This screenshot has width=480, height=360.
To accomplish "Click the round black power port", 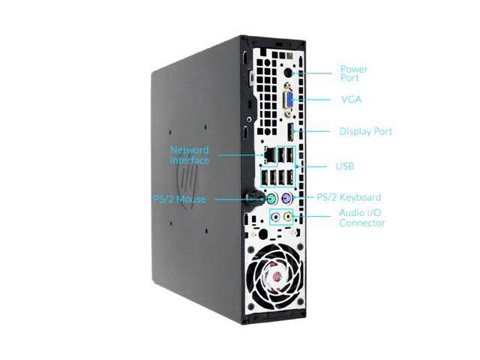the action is click(288, 73).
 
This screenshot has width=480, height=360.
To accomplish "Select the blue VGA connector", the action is click(288, 100).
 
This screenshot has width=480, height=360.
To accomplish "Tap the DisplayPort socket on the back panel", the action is click(289, 132).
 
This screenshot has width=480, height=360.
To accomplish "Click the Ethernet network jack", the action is click(269, 155).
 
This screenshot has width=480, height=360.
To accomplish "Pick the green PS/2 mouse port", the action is click(271, 199).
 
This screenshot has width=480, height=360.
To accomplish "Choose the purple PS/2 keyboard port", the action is click(286, 197).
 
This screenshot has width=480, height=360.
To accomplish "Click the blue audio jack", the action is click(276, 217).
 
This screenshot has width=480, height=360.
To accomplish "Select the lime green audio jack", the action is click(287, 217).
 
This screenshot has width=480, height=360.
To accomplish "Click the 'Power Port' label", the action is click(354, 73).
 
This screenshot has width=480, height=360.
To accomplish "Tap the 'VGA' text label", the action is click(352, 99).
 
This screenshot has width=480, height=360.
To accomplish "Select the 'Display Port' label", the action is click(366, 131).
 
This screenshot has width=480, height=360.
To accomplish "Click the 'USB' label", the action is click(345, 166).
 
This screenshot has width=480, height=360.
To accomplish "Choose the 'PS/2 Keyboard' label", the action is click(349, 197).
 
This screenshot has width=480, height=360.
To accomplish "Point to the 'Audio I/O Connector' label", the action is click(362, 217).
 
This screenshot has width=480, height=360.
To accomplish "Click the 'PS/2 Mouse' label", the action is click(179, 199).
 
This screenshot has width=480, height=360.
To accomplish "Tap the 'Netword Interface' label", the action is click(190, 155).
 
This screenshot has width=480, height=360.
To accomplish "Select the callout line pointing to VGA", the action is click(311, 99).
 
